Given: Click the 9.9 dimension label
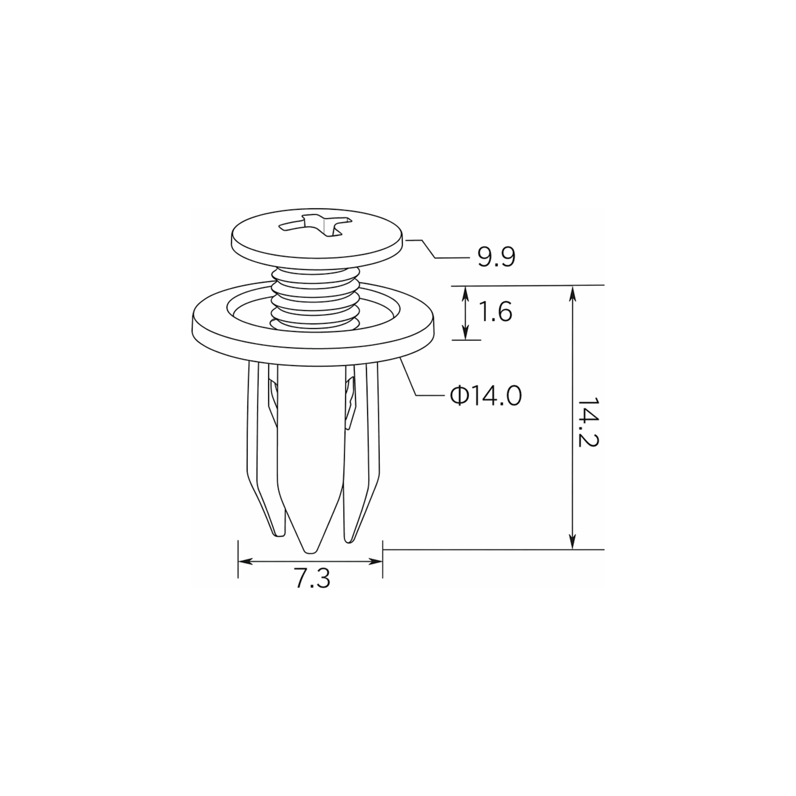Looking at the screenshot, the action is [496, 258].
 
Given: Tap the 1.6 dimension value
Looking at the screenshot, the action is [496, 312].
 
